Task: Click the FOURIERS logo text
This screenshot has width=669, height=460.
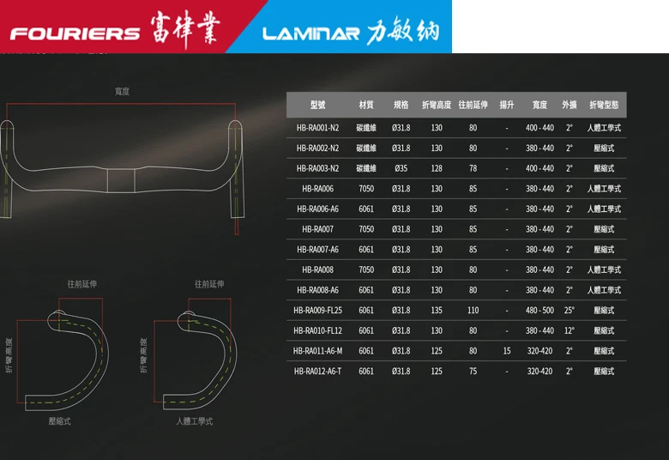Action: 75,33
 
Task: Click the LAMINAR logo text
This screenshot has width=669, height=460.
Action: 310,34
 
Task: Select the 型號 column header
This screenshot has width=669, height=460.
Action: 317,105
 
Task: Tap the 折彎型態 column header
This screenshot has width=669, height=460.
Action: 604,105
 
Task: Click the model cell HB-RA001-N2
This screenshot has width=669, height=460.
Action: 317,128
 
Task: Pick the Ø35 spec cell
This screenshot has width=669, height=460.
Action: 401,168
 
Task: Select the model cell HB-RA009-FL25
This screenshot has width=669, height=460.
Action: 317,310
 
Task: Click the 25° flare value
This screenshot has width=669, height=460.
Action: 570,310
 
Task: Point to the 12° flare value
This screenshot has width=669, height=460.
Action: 570,330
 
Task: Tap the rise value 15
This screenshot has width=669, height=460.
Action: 507,351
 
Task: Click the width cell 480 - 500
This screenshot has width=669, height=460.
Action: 539,310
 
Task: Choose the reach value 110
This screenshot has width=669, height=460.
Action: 473,310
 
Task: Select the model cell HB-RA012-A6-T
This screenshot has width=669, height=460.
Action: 317,372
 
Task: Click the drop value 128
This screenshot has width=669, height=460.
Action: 437,168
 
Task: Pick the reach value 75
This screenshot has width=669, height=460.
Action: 473,372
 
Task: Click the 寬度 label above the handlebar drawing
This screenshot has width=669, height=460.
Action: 122,91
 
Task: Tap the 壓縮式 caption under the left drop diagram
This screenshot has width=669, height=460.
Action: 60,421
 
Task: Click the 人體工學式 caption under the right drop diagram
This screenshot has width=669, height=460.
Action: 194,421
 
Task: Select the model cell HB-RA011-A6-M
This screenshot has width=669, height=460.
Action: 317,351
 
